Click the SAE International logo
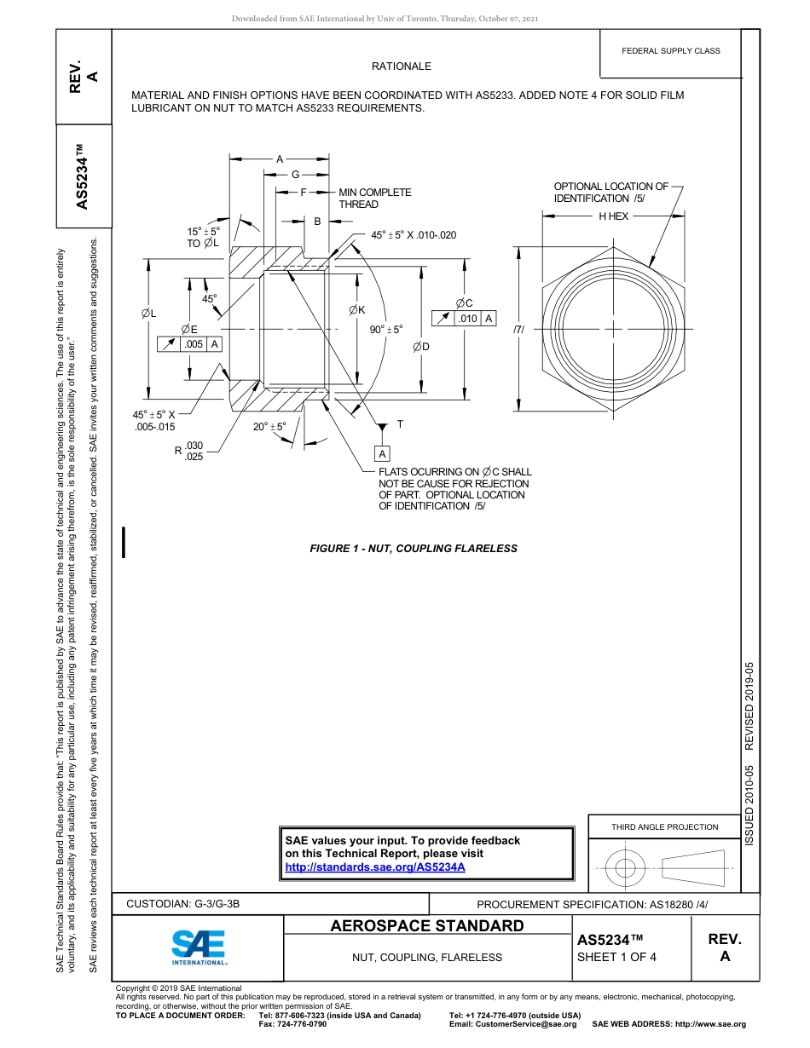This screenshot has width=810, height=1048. (199, 947)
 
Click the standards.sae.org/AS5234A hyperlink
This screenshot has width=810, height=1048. (374, 867)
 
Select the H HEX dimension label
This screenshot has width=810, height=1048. (613, 216)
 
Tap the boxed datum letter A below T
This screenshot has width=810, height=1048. (382, 454)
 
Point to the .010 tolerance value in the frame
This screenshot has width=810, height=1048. (468, 319)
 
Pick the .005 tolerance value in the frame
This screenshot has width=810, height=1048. (194, 344)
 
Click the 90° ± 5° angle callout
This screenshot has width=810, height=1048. (385, 330)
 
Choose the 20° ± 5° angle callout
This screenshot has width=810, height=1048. (269, 426)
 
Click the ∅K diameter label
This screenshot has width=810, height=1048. (357, 310)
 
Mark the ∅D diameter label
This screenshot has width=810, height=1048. (421, 346)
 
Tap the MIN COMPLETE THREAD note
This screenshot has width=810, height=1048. (374, 199)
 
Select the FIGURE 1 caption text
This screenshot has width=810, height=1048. (413, 549)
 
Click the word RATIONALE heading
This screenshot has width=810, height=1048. (401, 66)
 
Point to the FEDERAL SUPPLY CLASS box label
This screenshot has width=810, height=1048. (670, 51)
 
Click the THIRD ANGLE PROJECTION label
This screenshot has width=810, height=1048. (664, 826)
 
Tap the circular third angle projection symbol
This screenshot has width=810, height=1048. (626, 869)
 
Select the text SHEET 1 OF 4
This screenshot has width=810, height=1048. (616, 956)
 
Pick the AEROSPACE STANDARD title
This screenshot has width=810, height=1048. (427, 926)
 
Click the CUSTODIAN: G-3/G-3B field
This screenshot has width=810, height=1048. (183, 904)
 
